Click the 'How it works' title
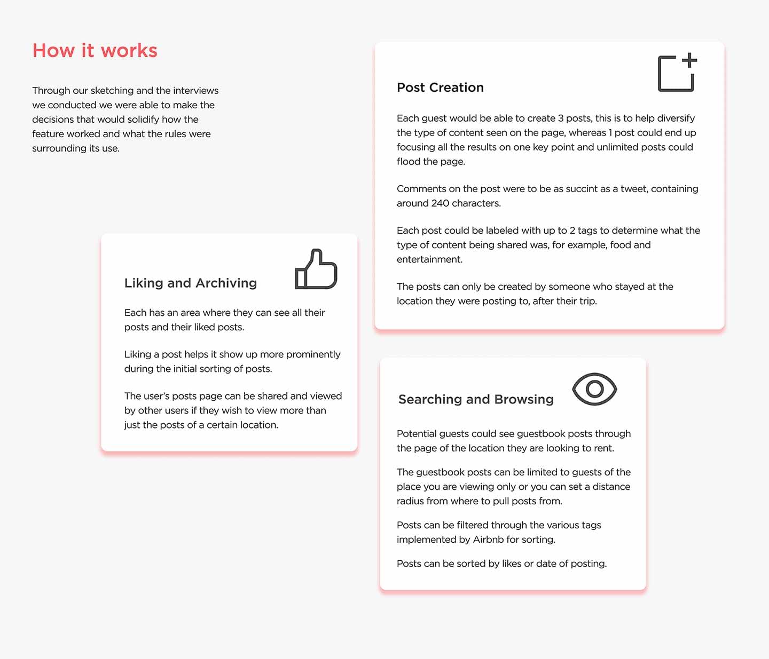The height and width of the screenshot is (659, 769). tap(95, 51)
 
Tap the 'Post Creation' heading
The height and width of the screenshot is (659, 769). tap(440, 88)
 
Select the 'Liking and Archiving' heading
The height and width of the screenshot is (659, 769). tap(190, 283)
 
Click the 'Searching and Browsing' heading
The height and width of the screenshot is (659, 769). tap(476, 399)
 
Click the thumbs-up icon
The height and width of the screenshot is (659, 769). tap(316, 269)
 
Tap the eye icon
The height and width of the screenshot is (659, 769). tap(594, 389)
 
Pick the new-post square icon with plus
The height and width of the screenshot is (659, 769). tap(677, 73)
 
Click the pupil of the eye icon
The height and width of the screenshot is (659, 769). tap(594, 389)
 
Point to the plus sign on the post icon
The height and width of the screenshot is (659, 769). tap(689, 60)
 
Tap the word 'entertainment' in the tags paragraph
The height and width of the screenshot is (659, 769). tap(429, 259)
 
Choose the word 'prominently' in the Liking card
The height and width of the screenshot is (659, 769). tap(313, 354)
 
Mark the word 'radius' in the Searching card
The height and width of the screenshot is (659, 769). tap(408, 501)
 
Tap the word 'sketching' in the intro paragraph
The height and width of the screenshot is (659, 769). tap(112, 91)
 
